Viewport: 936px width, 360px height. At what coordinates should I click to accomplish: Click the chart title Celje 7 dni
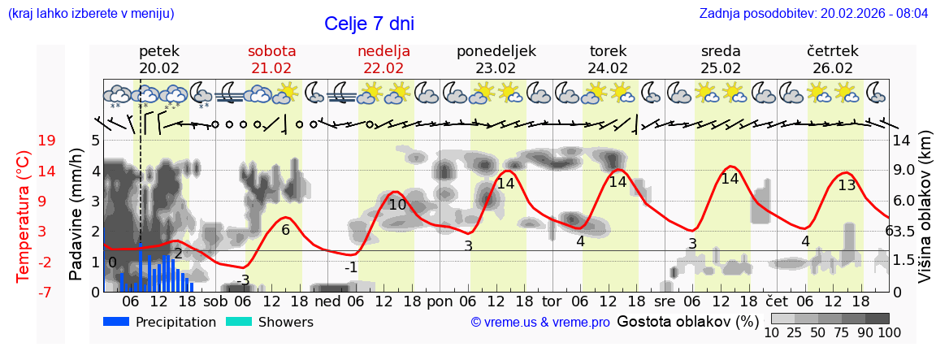(375, 24)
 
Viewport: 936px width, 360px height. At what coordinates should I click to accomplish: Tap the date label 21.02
(271, 68)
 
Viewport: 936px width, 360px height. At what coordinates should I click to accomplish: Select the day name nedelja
(383, 51)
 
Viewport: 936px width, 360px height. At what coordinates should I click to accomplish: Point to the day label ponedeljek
(496, 51)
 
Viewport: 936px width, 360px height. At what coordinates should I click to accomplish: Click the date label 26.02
(833, 68)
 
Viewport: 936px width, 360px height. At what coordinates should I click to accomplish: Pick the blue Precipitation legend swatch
(117, 322)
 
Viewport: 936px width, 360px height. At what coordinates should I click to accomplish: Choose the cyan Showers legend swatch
(239, 322)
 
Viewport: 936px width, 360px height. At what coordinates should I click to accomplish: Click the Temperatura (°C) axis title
(25, 215)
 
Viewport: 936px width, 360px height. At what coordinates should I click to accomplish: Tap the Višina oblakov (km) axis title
(925, 215)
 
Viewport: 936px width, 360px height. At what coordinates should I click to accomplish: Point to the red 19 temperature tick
(46, 141)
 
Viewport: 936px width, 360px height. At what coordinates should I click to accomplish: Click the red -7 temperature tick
(46, 292)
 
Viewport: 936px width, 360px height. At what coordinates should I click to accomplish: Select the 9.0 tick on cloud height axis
(905, 171)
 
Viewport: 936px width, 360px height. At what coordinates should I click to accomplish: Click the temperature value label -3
(242, 280)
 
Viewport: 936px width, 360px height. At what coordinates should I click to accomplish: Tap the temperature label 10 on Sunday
(396, 205)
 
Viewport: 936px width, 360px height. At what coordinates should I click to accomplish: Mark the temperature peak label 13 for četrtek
(847, 184)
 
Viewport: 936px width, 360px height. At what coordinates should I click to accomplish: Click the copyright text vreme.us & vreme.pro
(540, 323)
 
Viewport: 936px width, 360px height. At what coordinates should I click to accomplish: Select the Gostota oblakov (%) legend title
(688, 321)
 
